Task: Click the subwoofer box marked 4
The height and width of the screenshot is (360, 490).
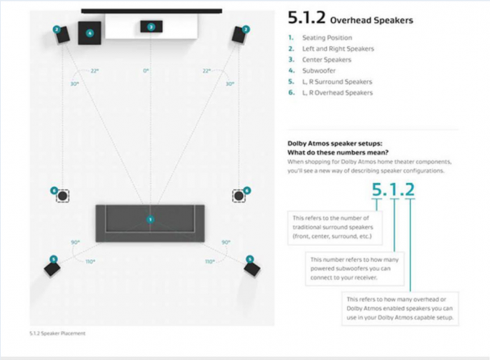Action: [x=90, y=34]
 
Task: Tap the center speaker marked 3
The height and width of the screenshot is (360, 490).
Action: [x=151, y=26]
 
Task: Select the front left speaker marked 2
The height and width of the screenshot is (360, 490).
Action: [x=62, y=35]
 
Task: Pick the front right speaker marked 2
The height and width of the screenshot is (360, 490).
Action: [x=239, y=35]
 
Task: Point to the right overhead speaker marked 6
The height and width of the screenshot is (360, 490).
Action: [x=239, y=195]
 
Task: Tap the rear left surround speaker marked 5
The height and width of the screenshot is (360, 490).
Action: [x=52, y=268]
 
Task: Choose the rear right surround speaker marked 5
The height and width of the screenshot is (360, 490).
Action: [x=252, y=268]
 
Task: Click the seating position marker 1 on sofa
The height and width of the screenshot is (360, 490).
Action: [x=150, y=219]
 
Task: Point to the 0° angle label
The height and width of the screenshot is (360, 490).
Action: [x=146, y=71]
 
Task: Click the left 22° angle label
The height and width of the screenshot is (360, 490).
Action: [x=94, y=71]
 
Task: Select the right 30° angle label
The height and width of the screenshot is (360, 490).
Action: [x=230, y=84]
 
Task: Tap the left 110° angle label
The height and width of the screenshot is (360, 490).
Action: [x=90, y=261]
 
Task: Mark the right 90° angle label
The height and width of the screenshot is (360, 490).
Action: [x=225, y=242]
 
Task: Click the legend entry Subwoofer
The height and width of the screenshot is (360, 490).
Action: [x=319, y=71]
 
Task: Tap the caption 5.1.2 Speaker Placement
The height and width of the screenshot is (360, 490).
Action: [x=57, y=334]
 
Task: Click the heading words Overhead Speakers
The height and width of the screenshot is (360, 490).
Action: [x=371, y=21]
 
